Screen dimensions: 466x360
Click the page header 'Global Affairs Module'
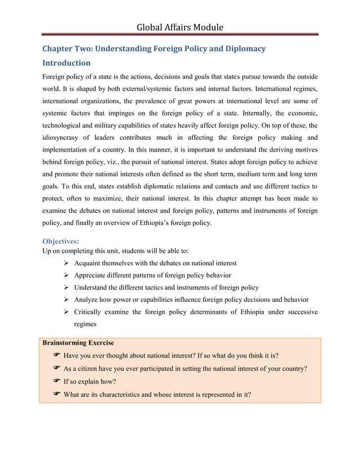pos(180,27)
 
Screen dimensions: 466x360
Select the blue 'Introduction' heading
pos(67,63)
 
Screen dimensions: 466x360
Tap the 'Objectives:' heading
pos(62,241)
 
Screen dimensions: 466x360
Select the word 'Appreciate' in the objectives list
pos(94,275)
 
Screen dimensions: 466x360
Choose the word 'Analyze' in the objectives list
pos(88,300)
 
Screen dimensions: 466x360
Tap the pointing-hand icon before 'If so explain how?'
pos(56,381)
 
